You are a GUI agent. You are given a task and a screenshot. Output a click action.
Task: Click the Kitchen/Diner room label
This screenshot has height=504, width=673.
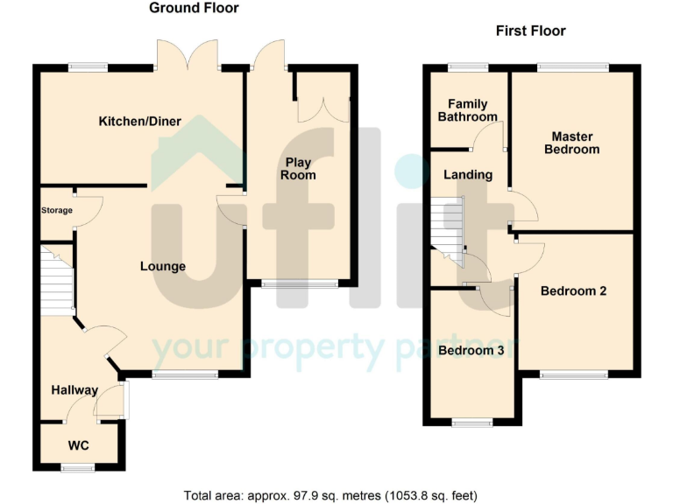(x=140, y=122)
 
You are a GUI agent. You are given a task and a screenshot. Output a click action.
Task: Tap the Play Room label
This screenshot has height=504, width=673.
(x=299, y=169)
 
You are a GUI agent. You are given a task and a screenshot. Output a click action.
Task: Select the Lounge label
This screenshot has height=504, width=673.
(x=163, y=266)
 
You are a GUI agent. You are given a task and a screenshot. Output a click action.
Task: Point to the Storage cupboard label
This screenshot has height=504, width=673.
(x=57, y=210)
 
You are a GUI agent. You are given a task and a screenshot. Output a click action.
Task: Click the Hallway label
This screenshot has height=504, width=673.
(x=74, y=390)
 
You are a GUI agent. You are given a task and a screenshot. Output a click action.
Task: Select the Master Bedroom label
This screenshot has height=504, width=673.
(x=572, y=143)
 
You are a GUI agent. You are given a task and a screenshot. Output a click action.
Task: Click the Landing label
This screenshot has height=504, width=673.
(x=467, y=175)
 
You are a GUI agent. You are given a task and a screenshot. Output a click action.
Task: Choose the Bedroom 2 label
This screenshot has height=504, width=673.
(x=574, y=290)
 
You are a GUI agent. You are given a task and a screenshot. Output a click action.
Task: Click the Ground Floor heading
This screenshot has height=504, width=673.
(x=194, y=9)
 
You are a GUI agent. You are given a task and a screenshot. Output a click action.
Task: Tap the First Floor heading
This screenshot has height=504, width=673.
(x=530, y=31)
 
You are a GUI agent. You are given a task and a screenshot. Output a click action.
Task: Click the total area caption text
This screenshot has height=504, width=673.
(x=330, y=495)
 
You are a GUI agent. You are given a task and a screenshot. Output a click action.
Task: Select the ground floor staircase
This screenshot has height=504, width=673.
(x=57, y=278)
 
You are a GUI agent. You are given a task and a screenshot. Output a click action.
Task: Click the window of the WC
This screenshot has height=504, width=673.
(x=77, y=468)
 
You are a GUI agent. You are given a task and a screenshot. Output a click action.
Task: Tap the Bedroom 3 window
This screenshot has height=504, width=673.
(x=471, y=423)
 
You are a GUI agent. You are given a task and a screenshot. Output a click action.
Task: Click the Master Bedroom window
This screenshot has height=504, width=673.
(x=572, y=66)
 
